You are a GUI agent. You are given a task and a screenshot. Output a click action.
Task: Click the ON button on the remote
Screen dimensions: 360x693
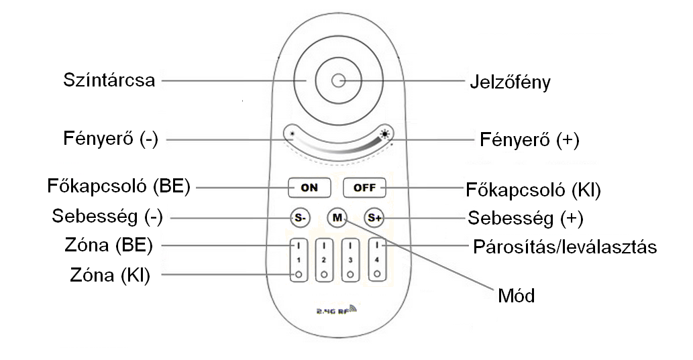click(309, 188)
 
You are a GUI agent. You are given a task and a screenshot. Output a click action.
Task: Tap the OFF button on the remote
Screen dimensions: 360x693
click(364, 188)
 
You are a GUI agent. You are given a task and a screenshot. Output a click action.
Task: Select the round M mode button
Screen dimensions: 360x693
click(337, 218)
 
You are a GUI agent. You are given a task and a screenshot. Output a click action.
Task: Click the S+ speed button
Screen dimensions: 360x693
click(373, 218)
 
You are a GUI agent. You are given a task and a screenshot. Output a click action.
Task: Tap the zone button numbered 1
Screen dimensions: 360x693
click(297, 259)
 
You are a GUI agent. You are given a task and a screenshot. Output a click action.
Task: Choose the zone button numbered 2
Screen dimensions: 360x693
click(323, 259)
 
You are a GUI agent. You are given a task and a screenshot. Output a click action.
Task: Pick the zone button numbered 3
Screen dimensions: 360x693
click(350, 259)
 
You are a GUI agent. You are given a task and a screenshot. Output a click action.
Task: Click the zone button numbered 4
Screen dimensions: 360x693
click(376, 259)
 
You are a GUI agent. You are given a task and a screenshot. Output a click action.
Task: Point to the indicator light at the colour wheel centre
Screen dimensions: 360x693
click(337, 81)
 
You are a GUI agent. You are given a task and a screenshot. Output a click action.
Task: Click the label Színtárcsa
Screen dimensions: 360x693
click(109, 80)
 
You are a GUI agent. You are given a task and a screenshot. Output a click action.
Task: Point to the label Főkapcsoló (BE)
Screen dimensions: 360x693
click(119, 186)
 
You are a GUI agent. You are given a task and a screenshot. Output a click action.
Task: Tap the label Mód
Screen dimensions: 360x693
click(516, 295)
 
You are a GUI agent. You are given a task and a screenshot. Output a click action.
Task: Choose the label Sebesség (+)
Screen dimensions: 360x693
click(525, 218)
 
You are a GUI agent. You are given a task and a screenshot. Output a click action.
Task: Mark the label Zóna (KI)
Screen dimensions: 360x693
click(110, 275)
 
